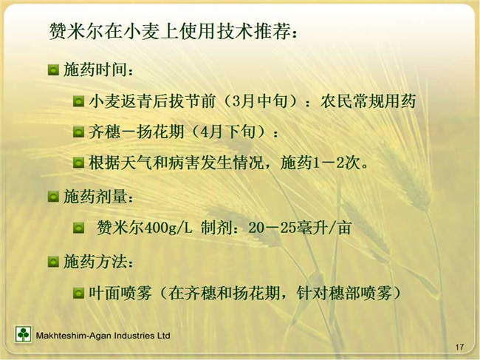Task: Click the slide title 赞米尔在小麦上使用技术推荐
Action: click(x=169, y=31)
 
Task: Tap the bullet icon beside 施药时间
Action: click(x=53, y=69)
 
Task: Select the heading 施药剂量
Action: click(x=95, y=196)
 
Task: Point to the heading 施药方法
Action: click(x=95, y=262)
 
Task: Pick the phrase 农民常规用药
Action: click(x=368, y=101)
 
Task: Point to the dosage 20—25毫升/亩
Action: click(x=300, y=228)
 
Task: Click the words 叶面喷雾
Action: click(x=120, y=293)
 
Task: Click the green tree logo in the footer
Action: click(x=23, y=334)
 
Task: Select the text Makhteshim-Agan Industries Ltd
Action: click(x=103, y=336)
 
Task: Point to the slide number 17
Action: click(x=459, y=347)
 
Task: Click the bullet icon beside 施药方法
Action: click(x=53, y=262)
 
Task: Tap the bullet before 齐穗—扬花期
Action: click(x=79, y=132)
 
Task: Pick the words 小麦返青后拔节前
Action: click(x=152, y=101)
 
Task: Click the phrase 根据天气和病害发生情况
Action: click(x=176, y=163)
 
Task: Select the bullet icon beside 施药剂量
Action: click(x=53, y=197)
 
